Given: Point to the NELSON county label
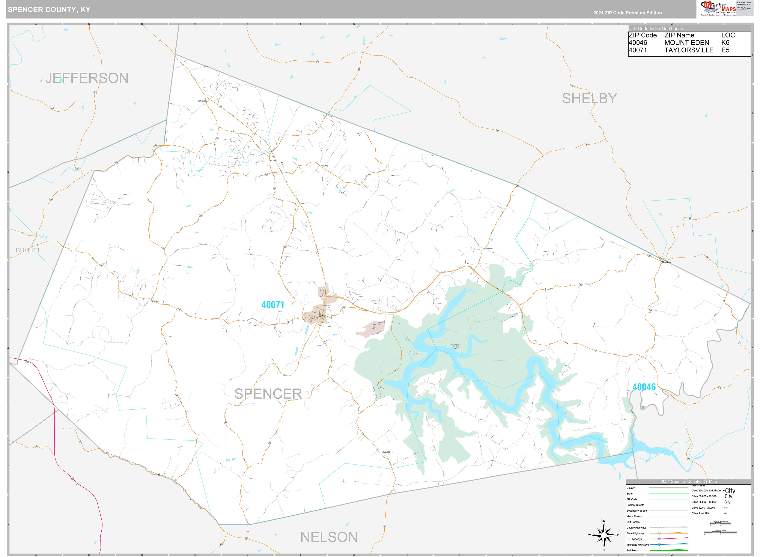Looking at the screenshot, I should pos(329,537).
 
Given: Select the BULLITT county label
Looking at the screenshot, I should pos(28,250).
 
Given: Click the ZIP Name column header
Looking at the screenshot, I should pos(679,35).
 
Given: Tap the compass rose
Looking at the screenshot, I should pos(604,535).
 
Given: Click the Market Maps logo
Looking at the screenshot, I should pos(718,8).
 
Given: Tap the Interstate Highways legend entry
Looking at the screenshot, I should pos(638,545).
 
